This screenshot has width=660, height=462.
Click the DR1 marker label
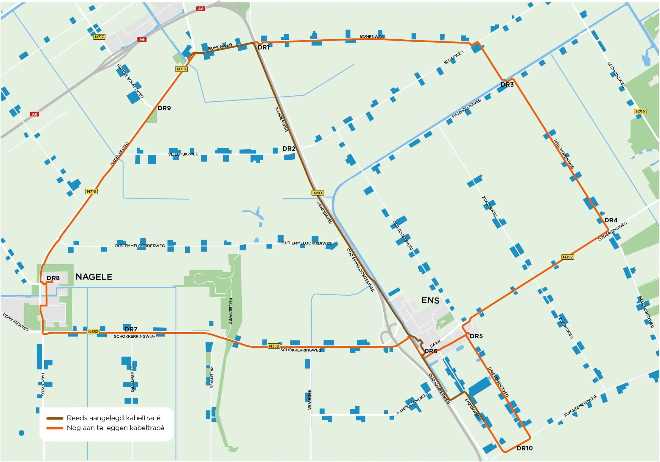coord(263,47)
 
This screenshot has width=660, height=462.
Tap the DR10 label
coord(524,448)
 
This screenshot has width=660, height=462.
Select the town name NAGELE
coord(94,277)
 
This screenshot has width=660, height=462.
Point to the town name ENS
coord(430,300)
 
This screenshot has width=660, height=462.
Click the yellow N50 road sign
coord(317,193)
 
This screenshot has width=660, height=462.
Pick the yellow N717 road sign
coord(99,37)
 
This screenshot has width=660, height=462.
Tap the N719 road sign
coord(640,111)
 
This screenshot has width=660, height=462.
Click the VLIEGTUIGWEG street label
coord(183,154)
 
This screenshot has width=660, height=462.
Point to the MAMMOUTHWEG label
coord(466,108)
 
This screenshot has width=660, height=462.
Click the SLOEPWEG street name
coord(454,57)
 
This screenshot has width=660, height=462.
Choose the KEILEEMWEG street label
coord(230,311)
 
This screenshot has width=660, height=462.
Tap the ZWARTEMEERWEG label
coord(580,406)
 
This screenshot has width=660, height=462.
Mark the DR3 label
coord(507,85)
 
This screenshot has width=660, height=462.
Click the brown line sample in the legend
coord(55,418)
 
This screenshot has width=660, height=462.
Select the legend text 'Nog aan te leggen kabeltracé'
coord(115,428)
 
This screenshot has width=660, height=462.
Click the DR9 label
coord(164,108)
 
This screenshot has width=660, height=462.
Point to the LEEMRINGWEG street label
coord(616,75)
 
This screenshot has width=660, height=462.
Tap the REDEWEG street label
coord(309,399)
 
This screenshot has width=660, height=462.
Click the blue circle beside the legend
coord(21,433)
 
